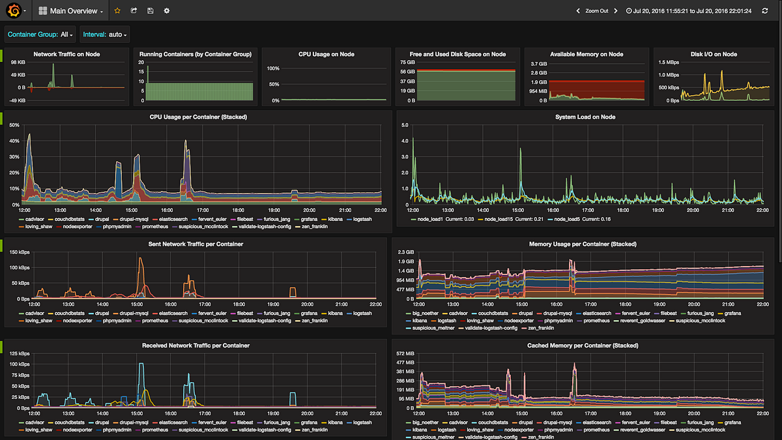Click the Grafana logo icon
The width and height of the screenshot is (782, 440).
(x=12, y=11)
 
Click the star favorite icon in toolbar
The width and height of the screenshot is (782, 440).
(x=117, y=11)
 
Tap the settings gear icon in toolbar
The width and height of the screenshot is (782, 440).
(x=167, y=11)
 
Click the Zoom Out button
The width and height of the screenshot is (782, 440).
(x=596, y=11)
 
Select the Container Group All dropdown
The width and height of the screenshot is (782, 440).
(x=40, y=34)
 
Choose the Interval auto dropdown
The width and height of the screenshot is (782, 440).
(x=105, y=34)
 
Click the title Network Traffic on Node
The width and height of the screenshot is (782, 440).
(x=66, y=54)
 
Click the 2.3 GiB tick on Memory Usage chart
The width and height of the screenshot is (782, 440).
(x=405, y=252)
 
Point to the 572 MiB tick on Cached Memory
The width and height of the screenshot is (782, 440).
(x=405, y=353)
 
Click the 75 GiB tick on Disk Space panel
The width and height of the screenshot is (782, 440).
(x=407, y=63)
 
